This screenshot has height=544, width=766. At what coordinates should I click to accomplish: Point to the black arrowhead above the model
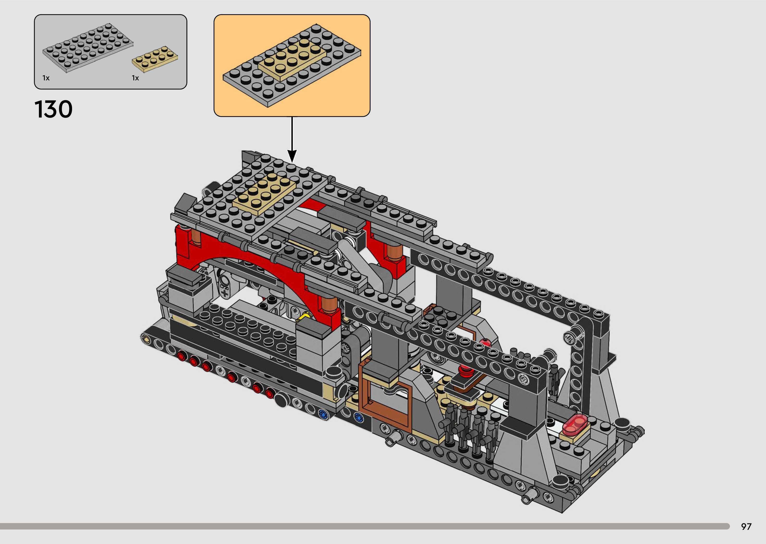(292, 156)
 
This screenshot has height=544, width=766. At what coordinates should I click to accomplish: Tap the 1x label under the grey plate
(46, 78)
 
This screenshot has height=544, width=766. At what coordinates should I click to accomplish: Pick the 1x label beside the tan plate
(135, 78)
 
